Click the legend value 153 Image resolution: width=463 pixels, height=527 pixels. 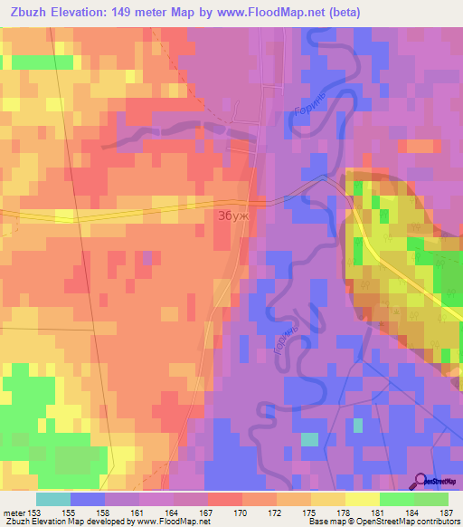coord(34,513)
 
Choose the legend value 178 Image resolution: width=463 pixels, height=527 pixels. coord(343,513)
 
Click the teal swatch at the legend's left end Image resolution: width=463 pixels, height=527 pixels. coord(52,499)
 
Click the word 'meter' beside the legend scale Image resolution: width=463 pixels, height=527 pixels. coord(14,513)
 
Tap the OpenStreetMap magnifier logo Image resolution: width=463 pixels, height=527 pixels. coord(420,480)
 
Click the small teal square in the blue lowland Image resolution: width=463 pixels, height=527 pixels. coord(310,439)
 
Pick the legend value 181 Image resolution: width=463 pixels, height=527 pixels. coord(377,513)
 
